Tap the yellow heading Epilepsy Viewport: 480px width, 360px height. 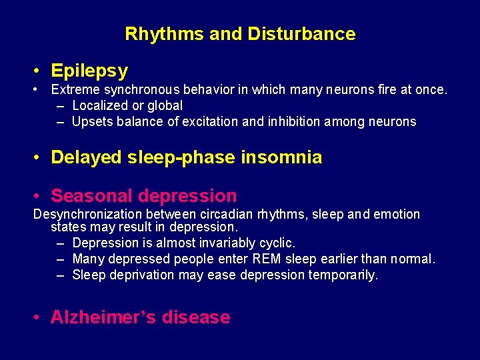(x=89, y=70)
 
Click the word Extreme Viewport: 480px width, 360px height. (x=75, y=89)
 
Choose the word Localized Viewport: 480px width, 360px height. (x=101, y=105)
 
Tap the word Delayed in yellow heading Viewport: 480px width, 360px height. (x=86, y=157)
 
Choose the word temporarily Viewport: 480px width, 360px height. (x=343, y=275)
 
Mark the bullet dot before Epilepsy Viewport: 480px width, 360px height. (x=39, y=71)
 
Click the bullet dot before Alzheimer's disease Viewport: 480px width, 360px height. (x=39, y=318)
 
